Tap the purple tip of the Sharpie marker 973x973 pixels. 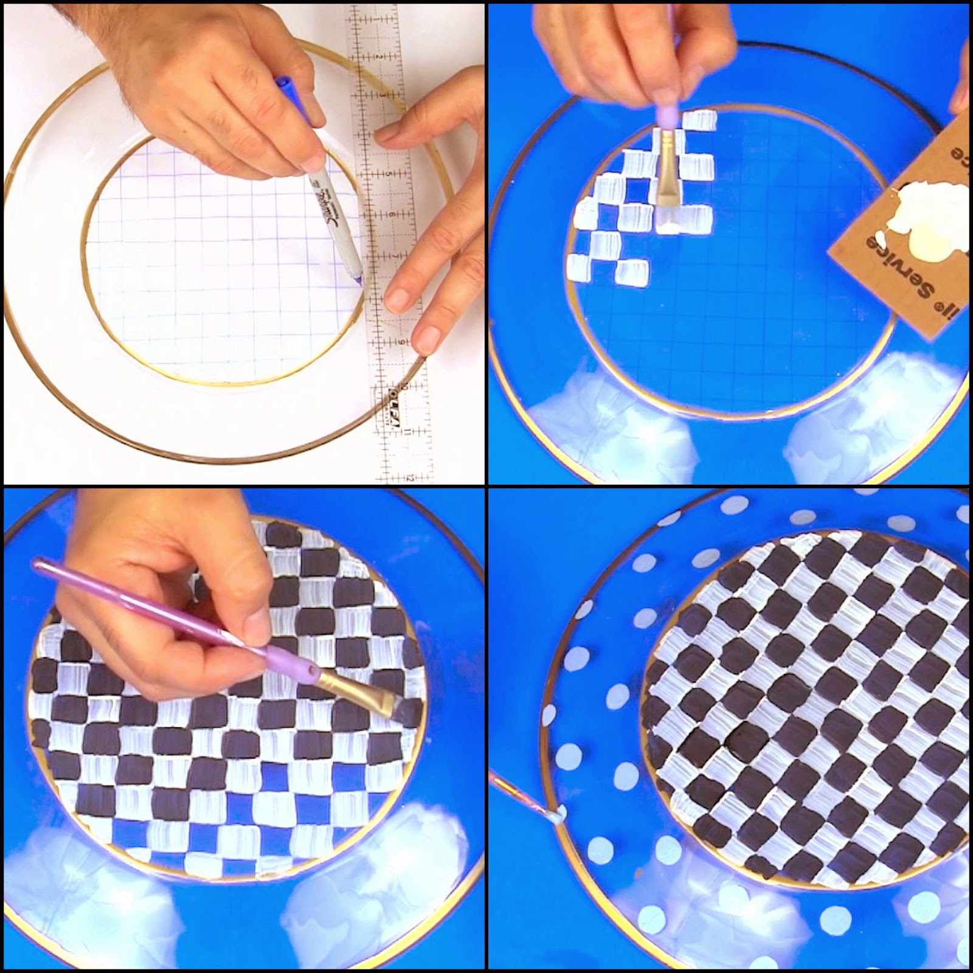point(359,279)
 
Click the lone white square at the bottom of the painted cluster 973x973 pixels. point(632,272)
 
